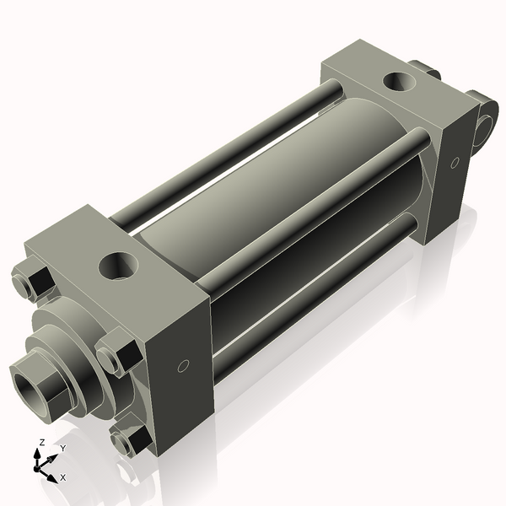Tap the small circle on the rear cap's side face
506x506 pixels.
tap(455, 161)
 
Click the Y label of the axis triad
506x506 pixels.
tap(62, 448)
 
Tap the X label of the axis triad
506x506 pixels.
tap(62, 477)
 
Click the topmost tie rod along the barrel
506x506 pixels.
tap(228, 143)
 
